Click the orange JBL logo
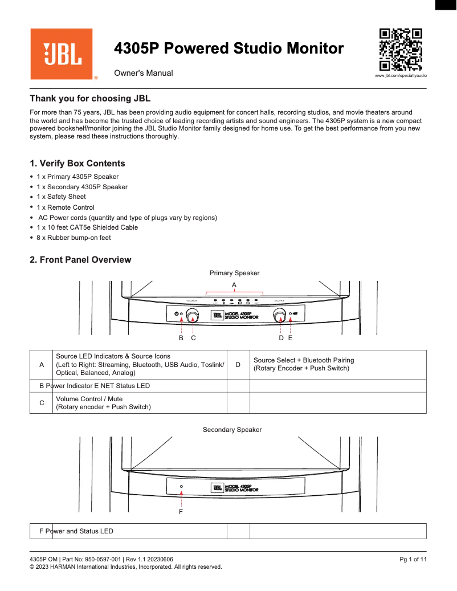(62, 54)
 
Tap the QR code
(401, 49)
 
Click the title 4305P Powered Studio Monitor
(229, 48)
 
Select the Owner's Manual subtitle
(144, 74)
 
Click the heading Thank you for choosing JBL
(90, 99)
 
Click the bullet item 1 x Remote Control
(66, 207)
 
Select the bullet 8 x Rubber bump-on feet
(74, 238)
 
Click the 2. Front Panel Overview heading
(80, 260)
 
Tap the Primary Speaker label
(234, 273)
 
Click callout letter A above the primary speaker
(234, 284)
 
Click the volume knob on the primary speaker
(193, 315)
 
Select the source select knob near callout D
(279, 315)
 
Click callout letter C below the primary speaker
(194, 338)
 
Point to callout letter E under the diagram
(290, 338)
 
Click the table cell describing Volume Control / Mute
(139, 403)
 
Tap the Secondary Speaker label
(232, 429)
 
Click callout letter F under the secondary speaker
(181, 512)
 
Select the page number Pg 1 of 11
(413, 559)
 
